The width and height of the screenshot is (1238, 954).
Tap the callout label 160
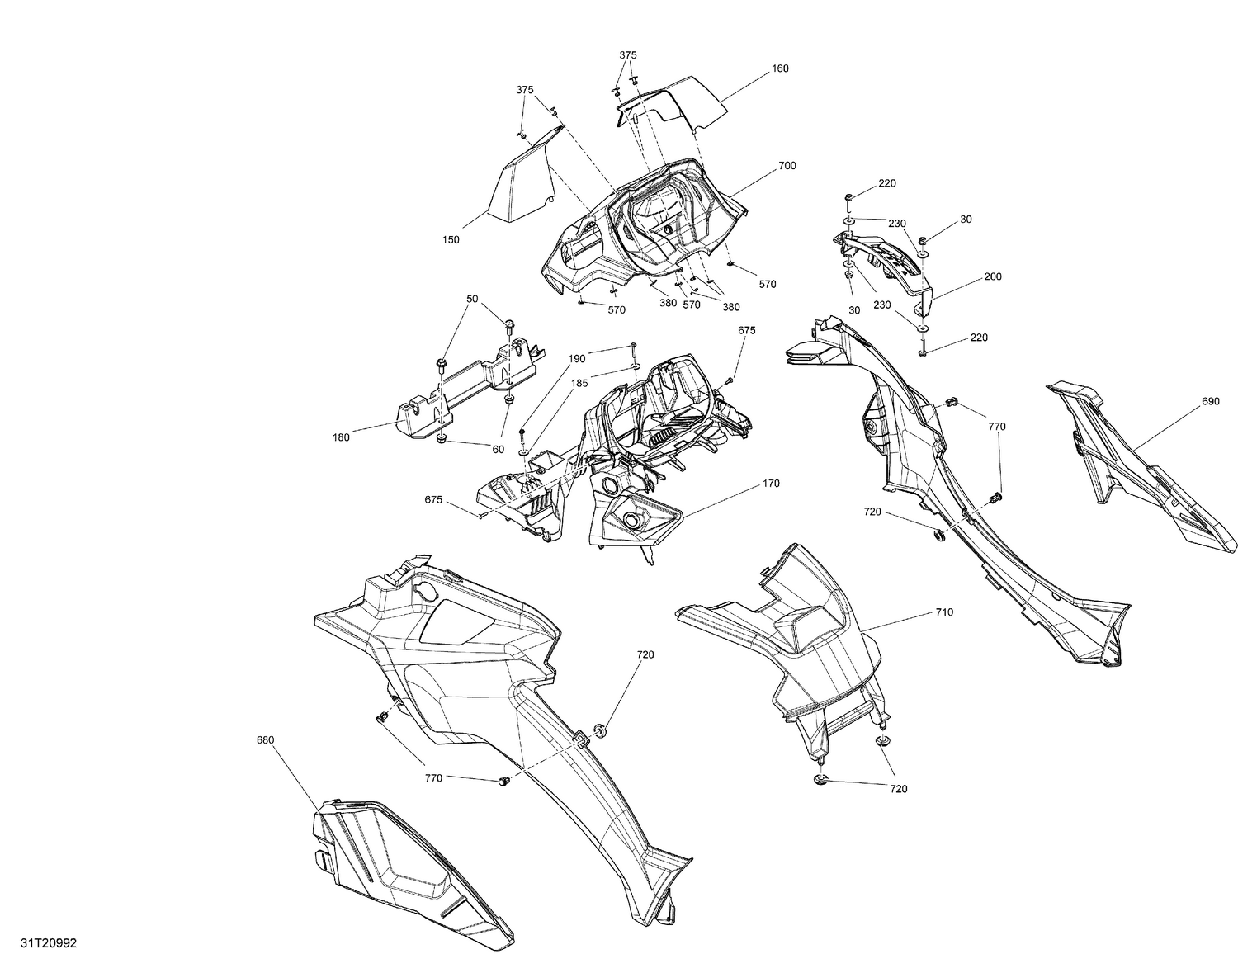click(779, 68)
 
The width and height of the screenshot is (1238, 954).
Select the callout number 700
click(787, 166)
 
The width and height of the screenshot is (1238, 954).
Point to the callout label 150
click(451, 240)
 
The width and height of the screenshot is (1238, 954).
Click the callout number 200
click(993, 276)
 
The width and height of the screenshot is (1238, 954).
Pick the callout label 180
click(341, 437)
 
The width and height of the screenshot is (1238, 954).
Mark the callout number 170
click(770, 484)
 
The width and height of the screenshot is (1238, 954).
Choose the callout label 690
click(1210, 402)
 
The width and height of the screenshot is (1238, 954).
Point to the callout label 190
click(577, 359)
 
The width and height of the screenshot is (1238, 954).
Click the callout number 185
click(579, 383)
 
